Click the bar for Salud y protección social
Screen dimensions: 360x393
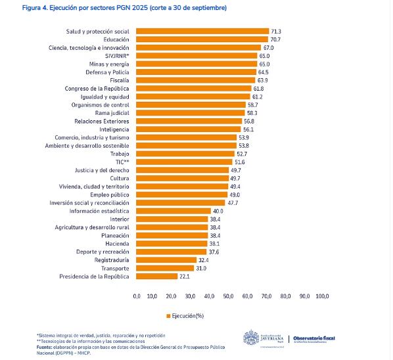point(202,31)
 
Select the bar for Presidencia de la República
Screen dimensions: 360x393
point(156,276)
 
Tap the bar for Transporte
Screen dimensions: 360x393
point(164,268)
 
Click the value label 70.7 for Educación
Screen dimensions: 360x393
point(276,39)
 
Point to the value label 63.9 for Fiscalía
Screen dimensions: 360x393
point(263,80)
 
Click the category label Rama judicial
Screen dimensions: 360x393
point(112,113)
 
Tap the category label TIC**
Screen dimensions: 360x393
point(122,162)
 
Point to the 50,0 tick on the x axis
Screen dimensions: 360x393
point(229,296)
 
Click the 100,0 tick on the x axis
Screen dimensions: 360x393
point(322,296)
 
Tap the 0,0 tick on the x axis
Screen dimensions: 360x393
point(137,296)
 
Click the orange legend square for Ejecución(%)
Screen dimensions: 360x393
point(169,315)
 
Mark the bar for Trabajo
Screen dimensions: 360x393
point(185,154)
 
